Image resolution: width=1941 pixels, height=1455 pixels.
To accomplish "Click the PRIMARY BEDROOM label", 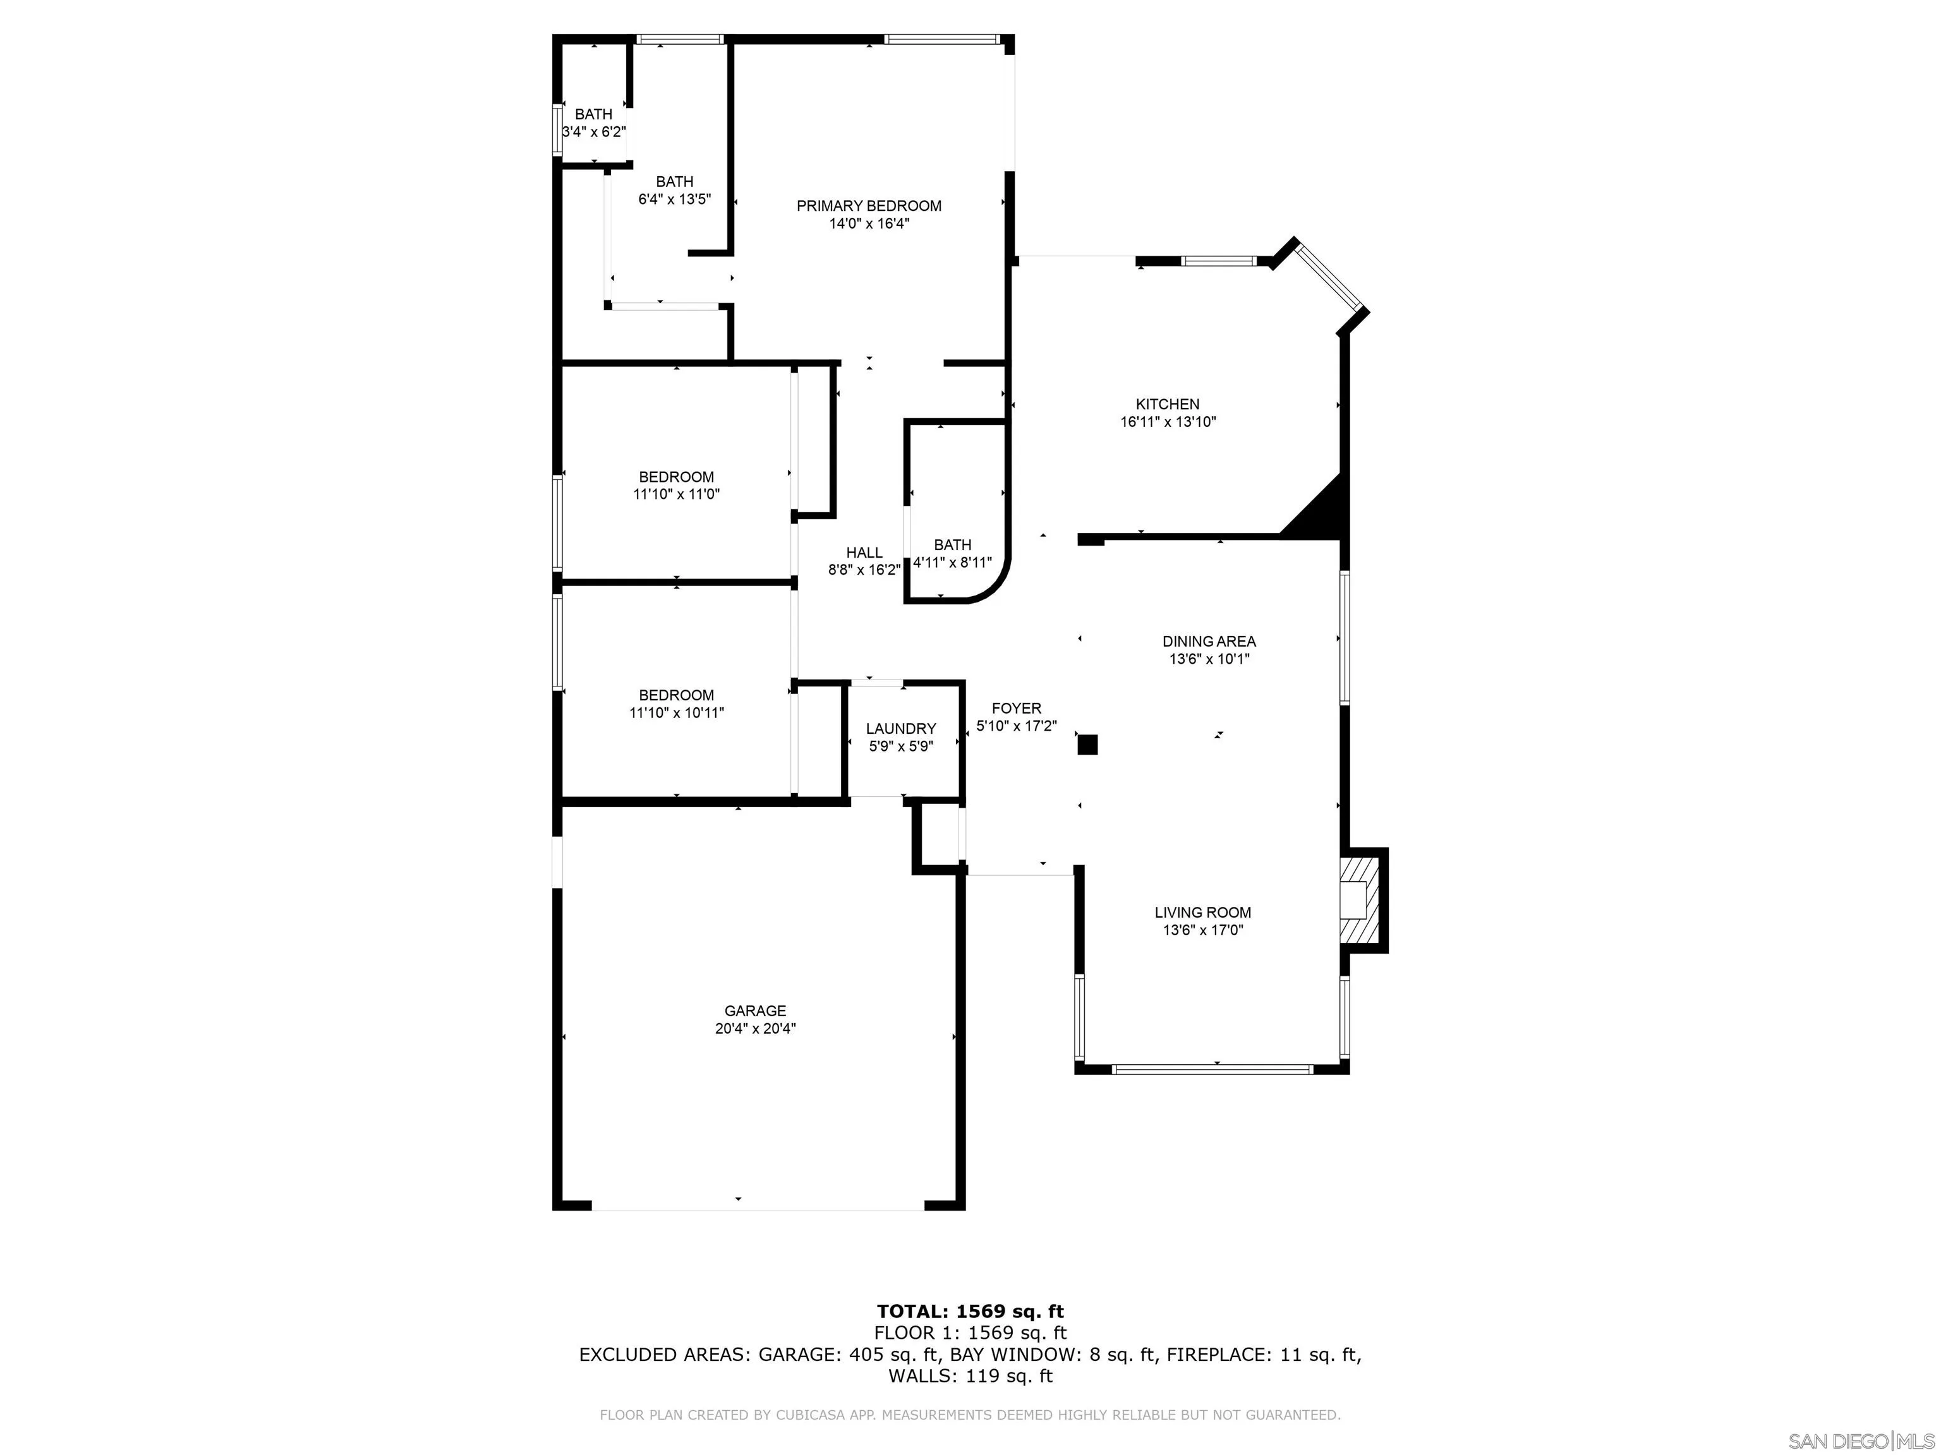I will click(x=869, y=206).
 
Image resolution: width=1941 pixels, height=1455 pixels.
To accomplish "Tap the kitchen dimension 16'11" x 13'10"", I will click(x=1167, y=422).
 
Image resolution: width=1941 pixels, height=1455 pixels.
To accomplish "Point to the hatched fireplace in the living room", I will click(x=1359, y=900).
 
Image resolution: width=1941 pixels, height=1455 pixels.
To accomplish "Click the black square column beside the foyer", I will click(x=1087, y=745).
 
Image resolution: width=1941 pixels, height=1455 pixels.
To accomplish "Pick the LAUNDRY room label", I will click(x=900, y=729).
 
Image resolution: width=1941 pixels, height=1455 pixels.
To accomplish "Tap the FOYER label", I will click(x=1016, y=709).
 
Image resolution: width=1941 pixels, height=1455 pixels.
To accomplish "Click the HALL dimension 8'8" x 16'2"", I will click(x=864, y=570).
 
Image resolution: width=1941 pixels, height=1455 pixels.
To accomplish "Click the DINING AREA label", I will click(x=1209, y=641).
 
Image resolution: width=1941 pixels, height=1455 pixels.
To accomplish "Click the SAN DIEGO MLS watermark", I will click(x=1860, y=1441).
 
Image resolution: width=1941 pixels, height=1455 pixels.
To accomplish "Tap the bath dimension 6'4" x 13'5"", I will click(x=674, y=199).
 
